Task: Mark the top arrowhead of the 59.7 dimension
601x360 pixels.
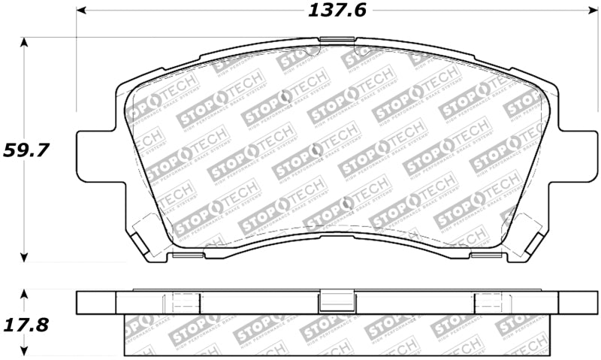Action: click(x=25, y=42)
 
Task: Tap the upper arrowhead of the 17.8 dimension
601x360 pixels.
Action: click(x=25, y=293)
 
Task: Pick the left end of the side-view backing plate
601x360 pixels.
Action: click(x=96, y=302)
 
